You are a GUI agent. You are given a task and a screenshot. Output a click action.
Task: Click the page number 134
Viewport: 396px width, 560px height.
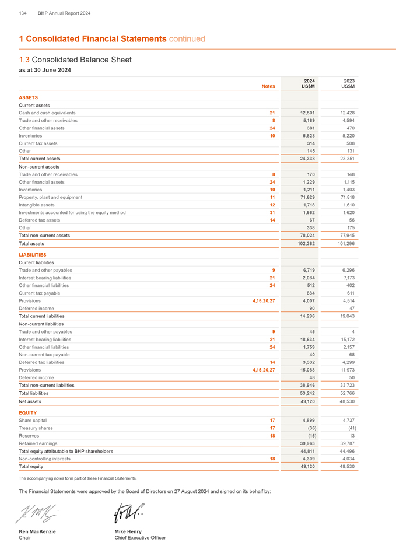click(x=23, y=13)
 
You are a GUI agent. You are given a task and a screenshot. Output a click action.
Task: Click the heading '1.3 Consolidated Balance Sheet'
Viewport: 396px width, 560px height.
click(x=75, y=60)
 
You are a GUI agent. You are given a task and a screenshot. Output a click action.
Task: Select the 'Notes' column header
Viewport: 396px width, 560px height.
click(x=268, y=86)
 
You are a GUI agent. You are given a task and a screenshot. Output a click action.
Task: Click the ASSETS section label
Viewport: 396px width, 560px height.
click(x=29, y=97)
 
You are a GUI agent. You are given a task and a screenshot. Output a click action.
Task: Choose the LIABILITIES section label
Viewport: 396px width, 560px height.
click(x=33, y=255)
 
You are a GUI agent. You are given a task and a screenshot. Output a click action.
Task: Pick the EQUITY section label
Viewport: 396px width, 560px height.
click(x=27, y=412)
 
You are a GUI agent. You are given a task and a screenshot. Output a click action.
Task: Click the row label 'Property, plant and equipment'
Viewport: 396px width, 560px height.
click(x=51, y=197)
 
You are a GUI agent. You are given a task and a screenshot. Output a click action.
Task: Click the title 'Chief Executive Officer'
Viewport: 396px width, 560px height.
click(x=140, y=538)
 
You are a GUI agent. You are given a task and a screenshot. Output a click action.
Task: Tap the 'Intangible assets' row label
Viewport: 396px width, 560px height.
click(x=37, y=205)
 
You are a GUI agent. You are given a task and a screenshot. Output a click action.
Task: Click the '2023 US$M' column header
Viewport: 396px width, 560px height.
click(x=348, y=83)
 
